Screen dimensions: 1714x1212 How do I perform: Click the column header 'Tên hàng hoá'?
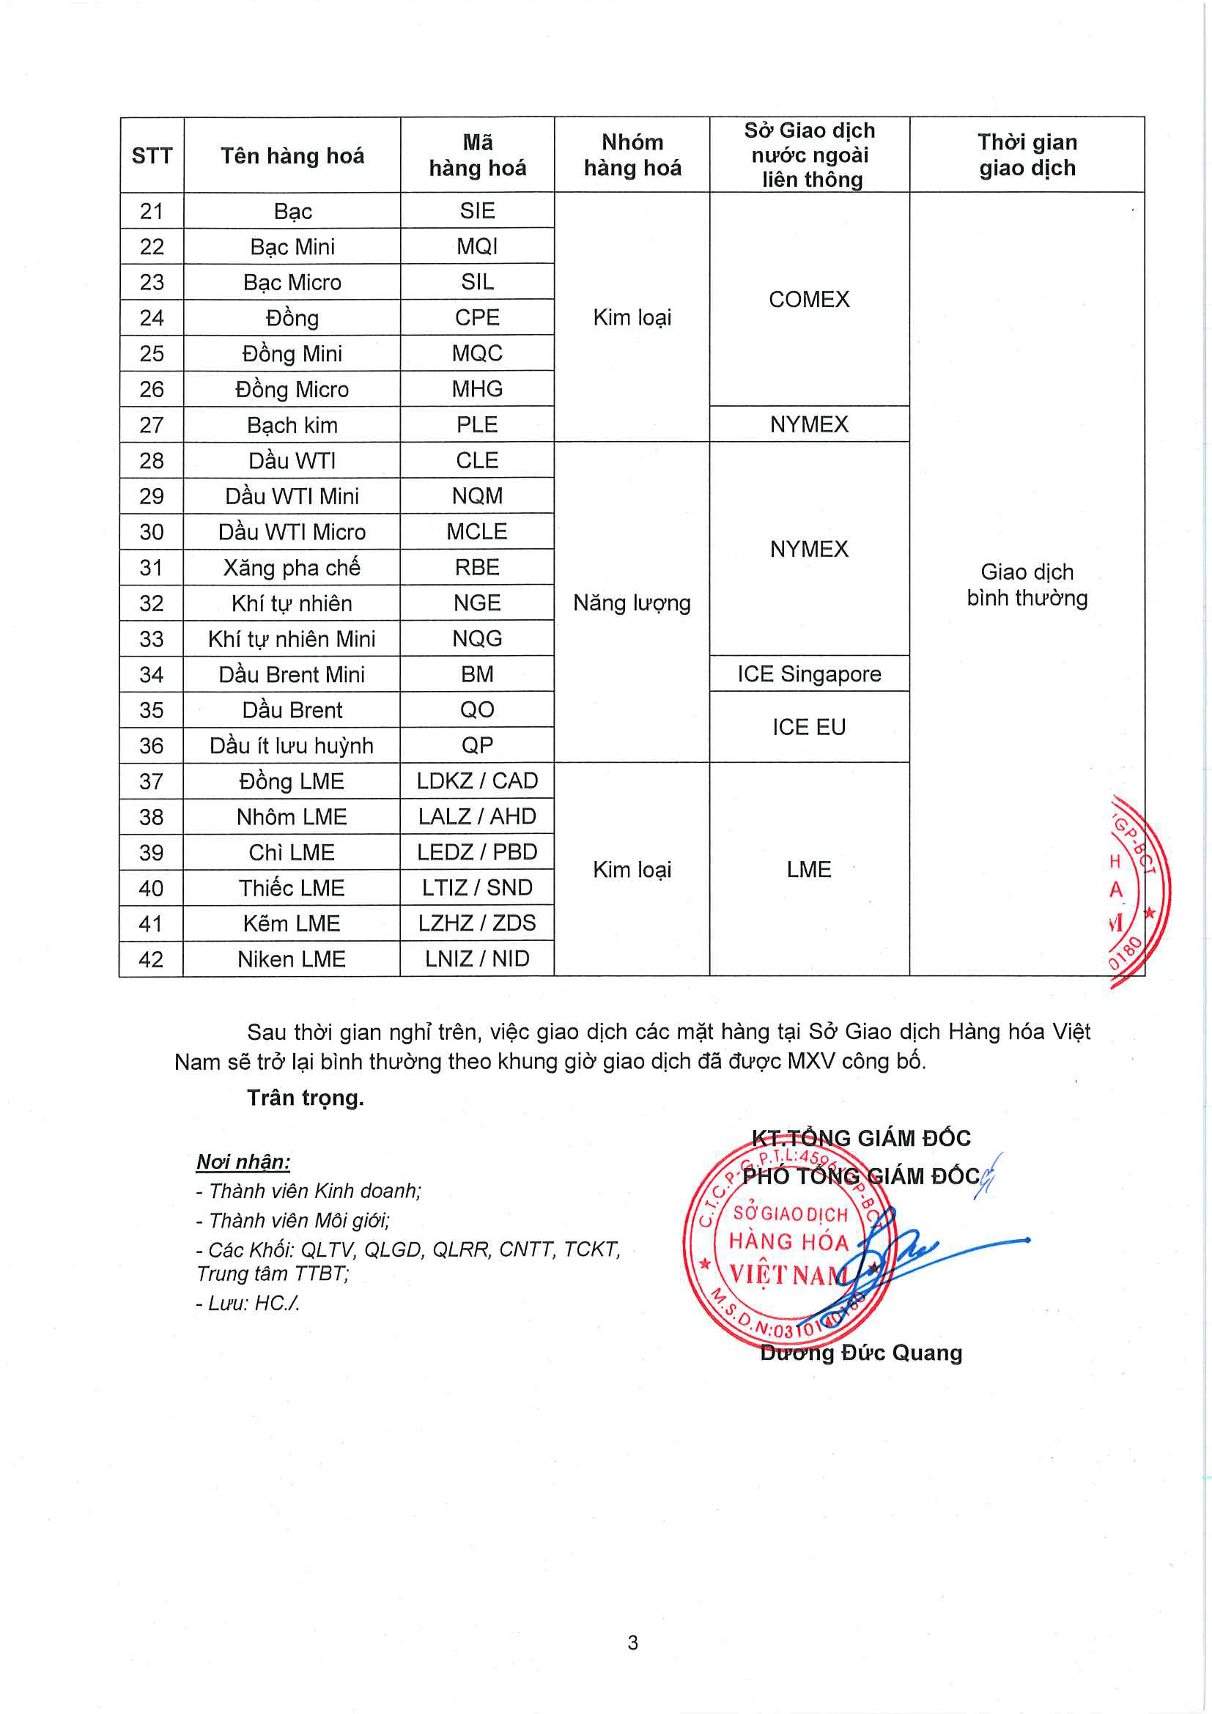click(292, 155)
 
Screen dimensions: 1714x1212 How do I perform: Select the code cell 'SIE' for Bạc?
click(477, 210)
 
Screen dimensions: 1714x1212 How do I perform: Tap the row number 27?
click(152, 425)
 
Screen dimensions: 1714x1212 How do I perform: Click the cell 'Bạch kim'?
click(292, 425)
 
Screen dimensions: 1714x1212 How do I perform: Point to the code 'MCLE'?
click(477, 531)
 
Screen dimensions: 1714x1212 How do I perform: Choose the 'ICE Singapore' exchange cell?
click(809, 674)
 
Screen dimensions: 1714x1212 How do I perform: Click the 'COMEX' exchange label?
click(809, 300)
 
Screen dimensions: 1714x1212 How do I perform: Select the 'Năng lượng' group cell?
click(632, 602)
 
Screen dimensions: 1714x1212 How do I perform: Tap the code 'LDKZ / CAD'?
click(477, 781)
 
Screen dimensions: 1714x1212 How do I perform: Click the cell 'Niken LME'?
click(292, 959)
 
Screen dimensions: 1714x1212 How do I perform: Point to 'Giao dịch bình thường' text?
click(1027, 585)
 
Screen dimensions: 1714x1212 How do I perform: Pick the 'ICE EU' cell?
click(809, 727)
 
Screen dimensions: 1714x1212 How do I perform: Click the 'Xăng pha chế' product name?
click(292, 567)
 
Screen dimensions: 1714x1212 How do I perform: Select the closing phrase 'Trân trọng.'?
click(306, 1098)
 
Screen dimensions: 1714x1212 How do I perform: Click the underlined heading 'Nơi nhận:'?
click(243, 1161)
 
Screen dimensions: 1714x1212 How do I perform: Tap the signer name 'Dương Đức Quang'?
click(861, 1353)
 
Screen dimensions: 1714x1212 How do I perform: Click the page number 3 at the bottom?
click(633, 1642)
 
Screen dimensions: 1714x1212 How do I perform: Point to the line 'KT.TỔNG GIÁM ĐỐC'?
click(861, 1139)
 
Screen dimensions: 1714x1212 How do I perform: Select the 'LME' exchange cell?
click(809, 870)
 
